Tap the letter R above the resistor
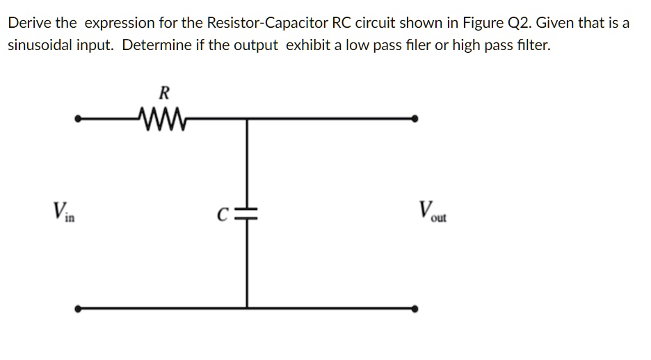164,92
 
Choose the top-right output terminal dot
415,119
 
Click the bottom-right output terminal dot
415,309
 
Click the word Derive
28,23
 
